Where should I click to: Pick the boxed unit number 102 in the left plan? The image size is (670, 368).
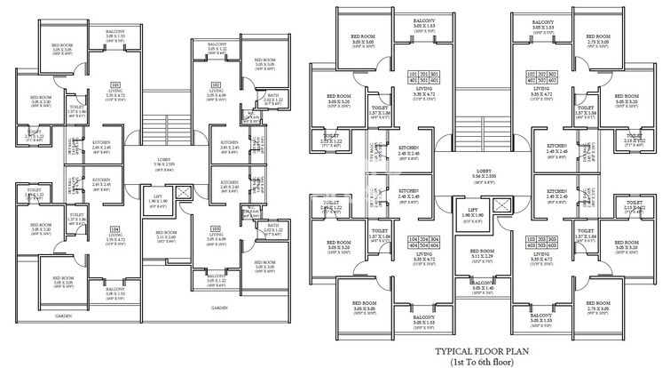coord(216,85)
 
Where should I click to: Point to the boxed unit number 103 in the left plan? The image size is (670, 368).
coord(216,228)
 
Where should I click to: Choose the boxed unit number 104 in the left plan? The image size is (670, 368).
coord(115,228)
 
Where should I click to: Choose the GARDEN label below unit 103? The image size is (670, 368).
coord(218,308)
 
